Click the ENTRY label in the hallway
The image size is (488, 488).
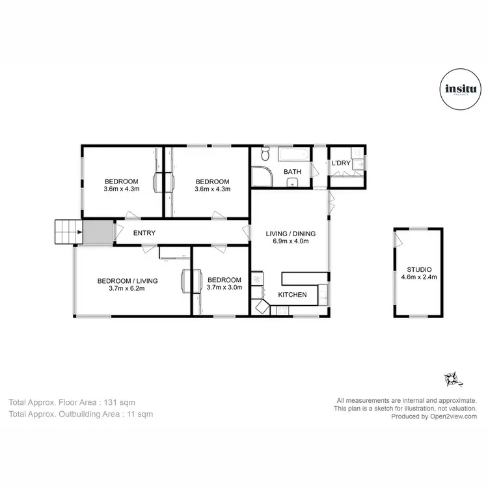[144, 233]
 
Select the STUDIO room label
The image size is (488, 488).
[419, 269]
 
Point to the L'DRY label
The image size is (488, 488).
[342, 163]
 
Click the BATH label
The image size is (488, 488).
[292, 172]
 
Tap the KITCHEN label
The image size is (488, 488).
[292, 295]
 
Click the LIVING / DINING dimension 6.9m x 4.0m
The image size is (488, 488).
[290, 241]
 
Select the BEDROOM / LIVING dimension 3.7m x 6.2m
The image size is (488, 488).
[127, 289]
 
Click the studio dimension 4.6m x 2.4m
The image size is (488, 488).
[419, 277]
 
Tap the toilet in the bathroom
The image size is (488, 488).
[264, 155]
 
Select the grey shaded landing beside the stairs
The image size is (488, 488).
[96, 232]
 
